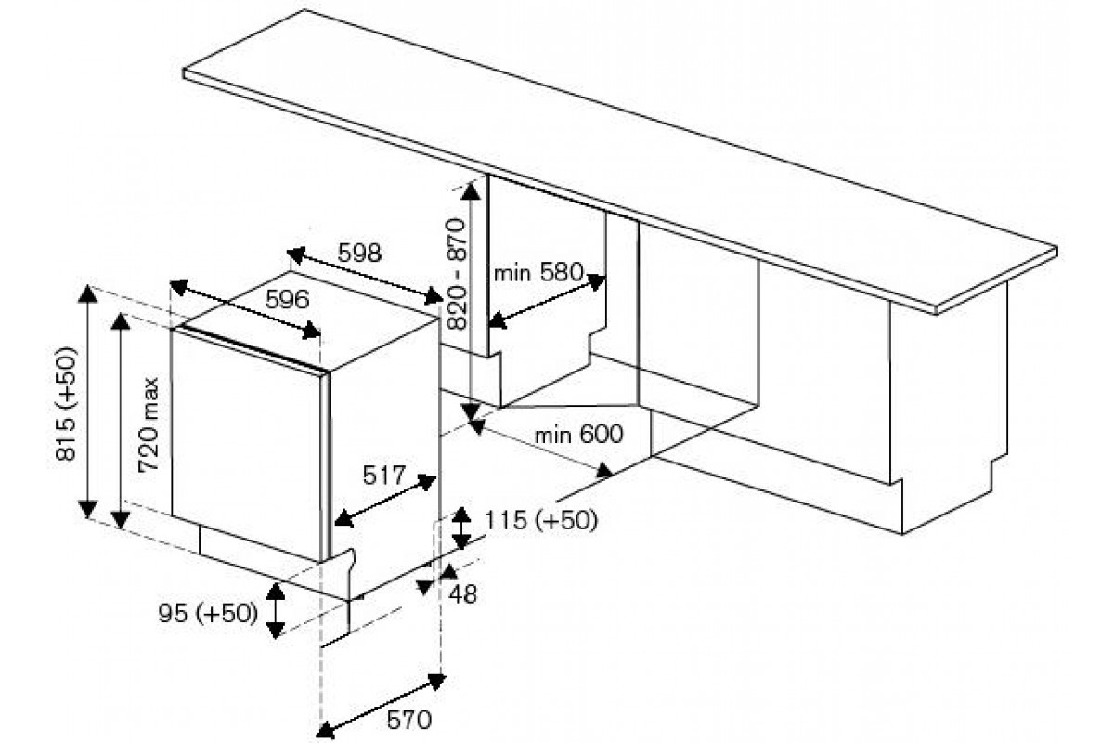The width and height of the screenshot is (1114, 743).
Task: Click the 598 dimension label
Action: (x=359, y=254)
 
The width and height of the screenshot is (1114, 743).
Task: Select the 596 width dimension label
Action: (x=288, y=300)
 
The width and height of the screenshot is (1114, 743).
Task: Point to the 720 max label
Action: (x=149, y=425)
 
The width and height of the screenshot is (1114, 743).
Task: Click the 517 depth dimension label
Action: (x=384, y=476)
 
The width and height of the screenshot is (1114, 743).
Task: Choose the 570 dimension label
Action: (x=409, y=720)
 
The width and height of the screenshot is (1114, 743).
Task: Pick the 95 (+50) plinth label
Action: (x=208, y=613)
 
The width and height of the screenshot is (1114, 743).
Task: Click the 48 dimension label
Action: (x=462, y=594)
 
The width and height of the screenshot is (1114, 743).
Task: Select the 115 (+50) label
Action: (x=541, y=520)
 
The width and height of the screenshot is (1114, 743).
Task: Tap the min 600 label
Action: (x=579, y=434)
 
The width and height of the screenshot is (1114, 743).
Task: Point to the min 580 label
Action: (x=538, y=273)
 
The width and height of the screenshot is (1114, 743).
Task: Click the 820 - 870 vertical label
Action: (x=457, y=275)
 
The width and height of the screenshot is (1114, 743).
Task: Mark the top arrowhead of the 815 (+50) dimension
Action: (x=88, y=293)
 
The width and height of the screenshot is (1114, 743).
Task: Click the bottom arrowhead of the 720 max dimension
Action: (x=120, y=520)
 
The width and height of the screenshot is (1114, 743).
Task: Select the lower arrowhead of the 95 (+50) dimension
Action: (x=276, y=631)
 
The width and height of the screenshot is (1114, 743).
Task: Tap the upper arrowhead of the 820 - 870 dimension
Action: (x=470, y=191)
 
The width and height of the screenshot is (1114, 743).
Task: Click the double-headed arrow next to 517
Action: (x=385, y=501)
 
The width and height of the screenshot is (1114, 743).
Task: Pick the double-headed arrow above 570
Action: (x=381, y=706)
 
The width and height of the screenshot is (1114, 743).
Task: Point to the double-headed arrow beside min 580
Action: (x=547, y=302)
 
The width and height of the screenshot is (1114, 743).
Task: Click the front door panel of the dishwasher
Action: (x=246, y=446)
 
